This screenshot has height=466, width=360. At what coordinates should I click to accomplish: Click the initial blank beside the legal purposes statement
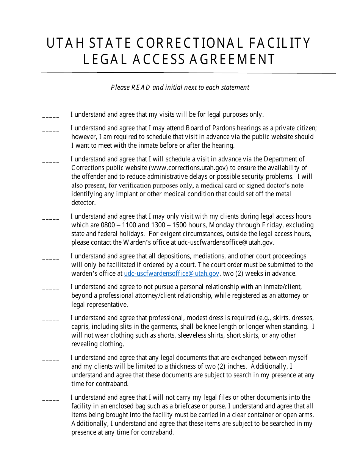coord(51,116)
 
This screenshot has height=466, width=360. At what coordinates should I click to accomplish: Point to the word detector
coord(83,203)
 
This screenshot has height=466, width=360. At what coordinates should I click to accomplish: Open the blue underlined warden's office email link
coord(172,274)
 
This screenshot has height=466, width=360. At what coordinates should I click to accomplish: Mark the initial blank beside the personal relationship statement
coord(51,289)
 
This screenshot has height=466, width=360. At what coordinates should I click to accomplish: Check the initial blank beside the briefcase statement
coord(51,400)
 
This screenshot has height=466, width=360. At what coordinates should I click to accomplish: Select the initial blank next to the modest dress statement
coord(51,320)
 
